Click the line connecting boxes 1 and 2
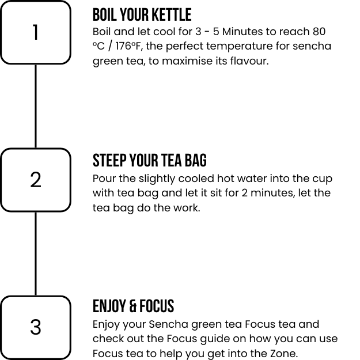click(36, 107)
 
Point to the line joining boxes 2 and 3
click(36, 253)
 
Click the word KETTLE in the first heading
click(172, 15)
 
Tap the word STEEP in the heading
click(109, 160)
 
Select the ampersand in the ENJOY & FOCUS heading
click(133, 306)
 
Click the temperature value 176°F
click(128, 46)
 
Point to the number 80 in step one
click(319, 32)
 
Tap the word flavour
click(249, 61)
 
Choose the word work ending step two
click(187, 208)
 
